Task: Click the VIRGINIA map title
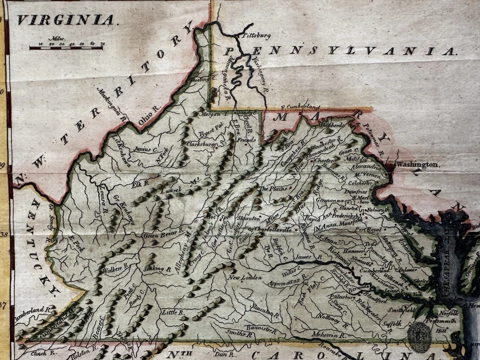(x=65, y=20)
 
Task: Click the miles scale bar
(x=66, y=47)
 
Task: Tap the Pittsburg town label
(x=256, y=36)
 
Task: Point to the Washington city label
(x=417, y=164)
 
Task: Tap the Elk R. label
(x=137, y=184)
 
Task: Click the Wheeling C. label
(x=205, y=79)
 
